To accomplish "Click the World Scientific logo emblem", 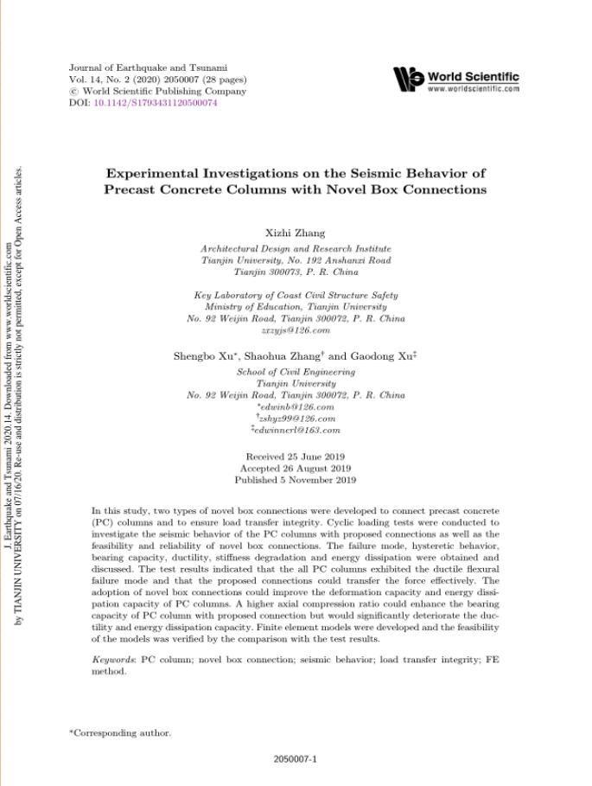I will click(408, 79).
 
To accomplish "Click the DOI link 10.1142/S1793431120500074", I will click(156, 103).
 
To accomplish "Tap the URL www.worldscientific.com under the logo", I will click(473, 88).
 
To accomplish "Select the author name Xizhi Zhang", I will click(296, 233).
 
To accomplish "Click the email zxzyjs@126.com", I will click(296, 330).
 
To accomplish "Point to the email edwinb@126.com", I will click(296, 406).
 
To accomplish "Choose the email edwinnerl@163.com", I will click(296, 430).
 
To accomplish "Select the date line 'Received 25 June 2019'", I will click(296, 456).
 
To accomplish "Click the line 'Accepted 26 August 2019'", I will click(296, 468).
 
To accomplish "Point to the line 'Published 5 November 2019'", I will click(296, 480).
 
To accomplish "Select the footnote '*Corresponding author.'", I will click(120, 733).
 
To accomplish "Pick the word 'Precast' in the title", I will click(137, 189).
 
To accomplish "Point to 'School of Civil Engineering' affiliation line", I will click(296, 372).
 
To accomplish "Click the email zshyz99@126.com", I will click(296, 419).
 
